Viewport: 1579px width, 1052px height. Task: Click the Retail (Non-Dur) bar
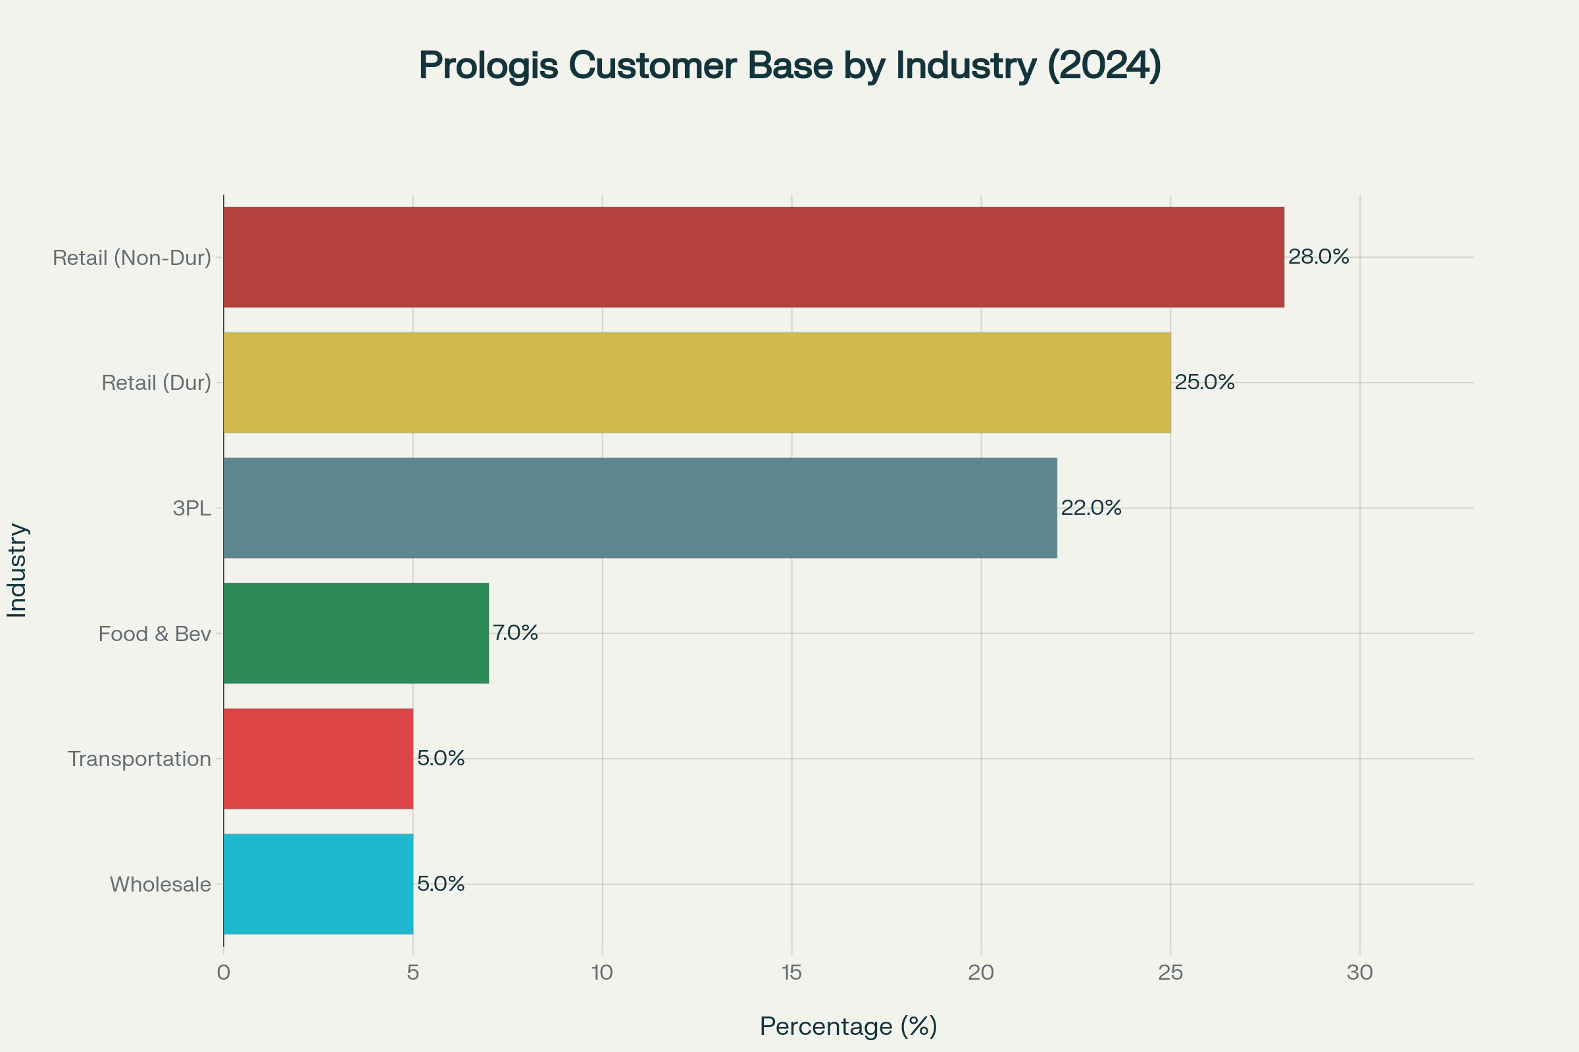(753, 257)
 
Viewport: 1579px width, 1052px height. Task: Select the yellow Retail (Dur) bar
(697, 383)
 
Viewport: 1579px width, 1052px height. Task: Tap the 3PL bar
(639, 508)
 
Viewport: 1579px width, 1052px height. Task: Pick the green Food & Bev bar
(356, 633)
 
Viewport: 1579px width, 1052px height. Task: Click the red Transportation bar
(318, 759)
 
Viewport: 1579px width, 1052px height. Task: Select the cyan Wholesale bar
(318, 884)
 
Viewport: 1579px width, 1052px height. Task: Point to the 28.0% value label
(1318, 256)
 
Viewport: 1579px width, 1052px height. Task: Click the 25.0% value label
(1205, 382)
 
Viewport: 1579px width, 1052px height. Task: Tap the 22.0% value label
(1091, 507)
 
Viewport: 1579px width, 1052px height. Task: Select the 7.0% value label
(516, 633)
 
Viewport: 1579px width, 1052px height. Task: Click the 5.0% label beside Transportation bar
(441, 758)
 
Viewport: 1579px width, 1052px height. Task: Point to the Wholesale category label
(161, 884)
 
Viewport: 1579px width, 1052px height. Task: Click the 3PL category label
(192, 508)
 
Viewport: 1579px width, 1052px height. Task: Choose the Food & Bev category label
(155, 633)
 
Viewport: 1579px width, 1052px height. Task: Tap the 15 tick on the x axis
(792, 972)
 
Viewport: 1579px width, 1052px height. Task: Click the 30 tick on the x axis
(1360, 972)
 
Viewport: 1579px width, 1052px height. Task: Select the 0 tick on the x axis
(224, 972)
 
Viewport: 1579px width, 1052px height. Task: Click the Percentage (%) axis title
(849, 1026)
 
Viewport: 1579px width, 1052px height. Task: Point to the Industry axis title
(17, 570)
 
